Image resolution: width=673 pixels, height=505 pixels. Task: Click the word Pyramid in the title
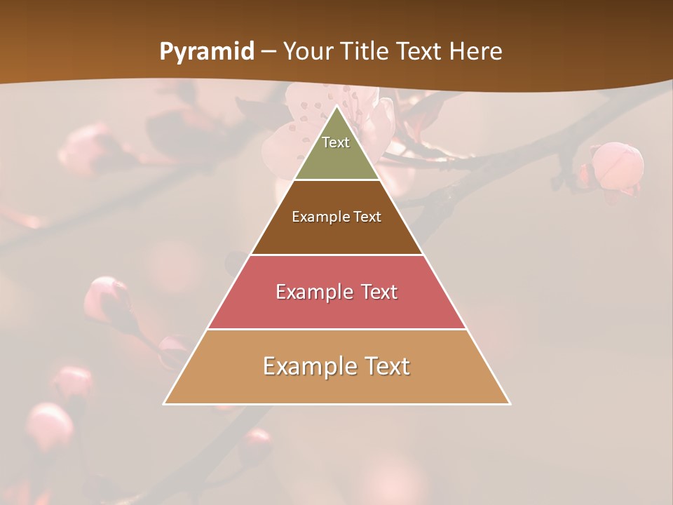[x=207, y=52]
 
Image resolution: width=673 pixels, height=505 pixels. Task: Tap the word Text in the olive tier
[x=336, y=142]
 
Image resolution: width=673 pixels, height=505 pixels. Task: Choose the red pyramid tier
[x=336, y=309]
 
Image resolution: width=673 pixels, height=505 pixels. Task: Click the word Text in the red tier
[x=379, y=292]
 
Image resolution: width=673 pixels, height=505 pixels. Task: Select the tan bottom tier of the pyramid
[x=336, y=386]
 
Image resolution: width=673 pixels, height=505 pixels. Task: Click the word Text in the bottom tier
[x=386, y=366]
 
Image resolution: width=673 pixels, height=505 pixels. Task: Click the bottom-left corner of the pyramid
[x=165, y=403]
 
